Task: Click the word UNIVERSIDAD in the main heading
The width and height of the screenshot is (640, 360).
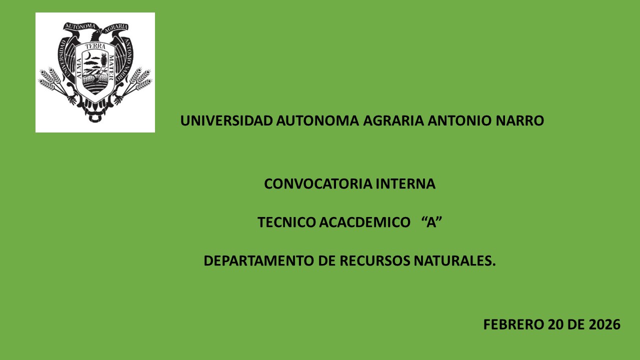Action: coord(226,120)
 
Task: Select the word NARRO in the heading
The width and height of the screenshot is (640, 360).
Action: coord(519,120)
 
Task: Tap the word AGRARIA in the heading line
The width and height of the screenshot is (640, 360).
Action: coord(393,120)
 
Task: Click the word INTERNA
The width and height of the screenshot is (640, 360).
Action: coord(405,183)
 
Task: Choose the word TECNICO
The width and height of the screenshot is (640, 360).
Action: coord(286,222)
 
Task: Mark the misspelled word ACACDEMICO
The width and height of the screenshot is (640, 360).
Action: coord(365,222)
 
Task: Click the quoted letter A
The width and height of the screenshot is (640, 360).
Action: coord(431,222)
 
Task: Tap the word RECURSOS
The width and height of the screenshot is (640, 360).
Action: coord(375,260)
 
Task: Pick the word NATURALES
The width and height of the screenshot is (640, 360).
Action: coord(454,260)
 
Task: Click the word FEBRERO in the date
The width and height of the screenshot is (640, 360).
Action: coord(513,324)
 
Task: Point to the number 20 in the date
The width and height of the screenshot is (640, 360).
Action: coord(555,324)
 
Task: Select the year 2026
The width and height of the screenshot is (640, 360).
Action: coord(604,324)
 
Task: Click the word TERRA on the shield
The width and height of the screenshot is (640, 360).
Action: coord(95,46)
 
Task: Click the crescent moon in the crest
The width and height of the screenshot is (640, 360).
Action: coord(89,55)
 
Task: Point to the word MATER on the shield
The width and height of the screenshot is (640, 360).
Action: coord(111,67)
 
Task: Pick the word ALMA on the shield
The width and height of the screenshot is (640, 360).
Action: coord(79,68)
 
